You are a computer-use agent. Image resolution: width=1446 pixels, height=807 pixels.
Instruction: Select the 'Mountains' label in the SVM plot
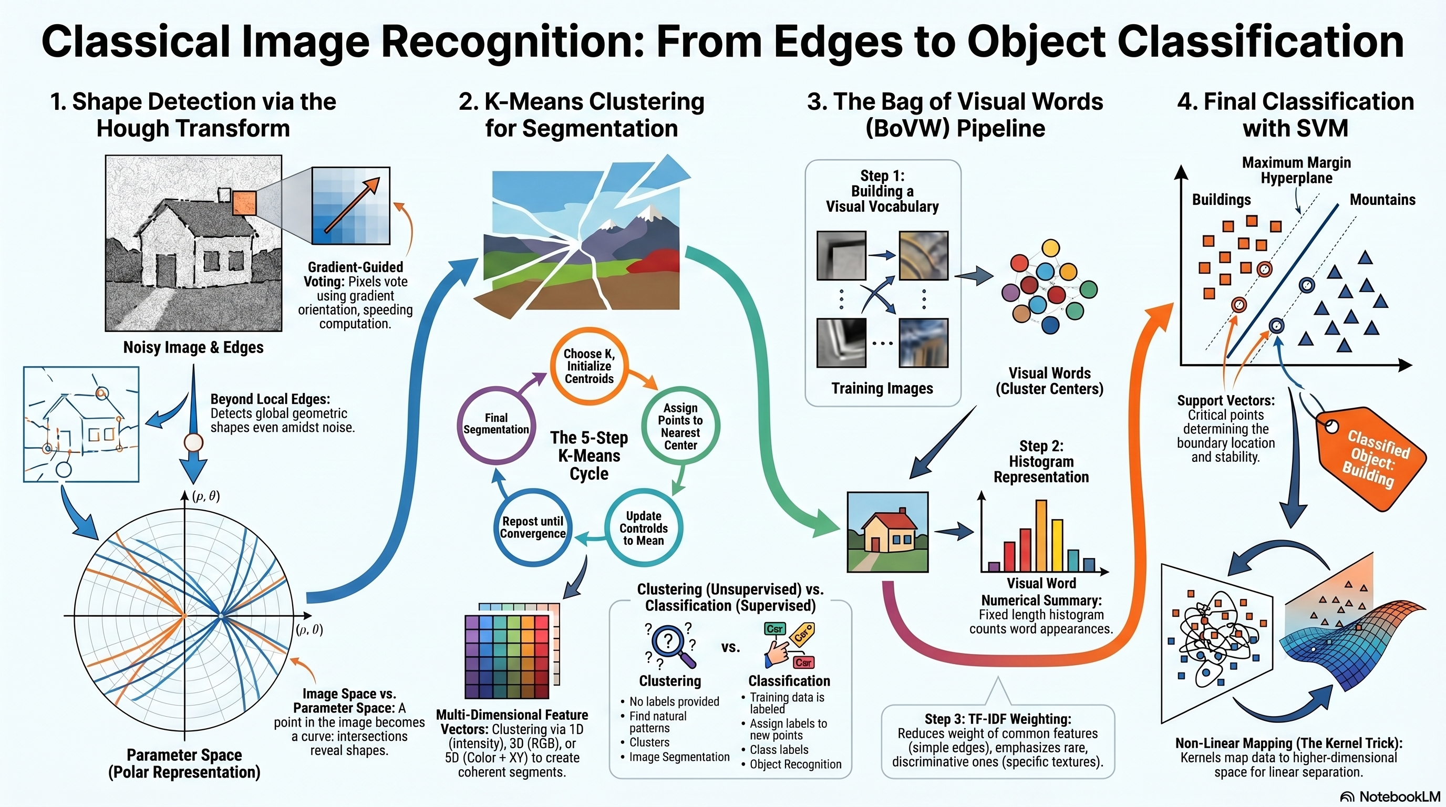(x=1382, y=199)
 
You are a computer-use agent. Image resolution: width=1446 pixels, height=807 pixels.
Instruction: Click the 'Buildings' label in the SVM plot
(x=1222, y=200)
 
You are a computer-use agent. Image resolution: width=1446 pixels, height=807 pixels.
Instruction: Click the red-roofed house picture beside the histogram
(x=887, y=532)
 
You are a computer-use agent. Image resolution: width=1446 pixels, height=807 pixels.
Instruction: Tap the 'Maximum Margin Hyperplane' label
(x=1296, y=170)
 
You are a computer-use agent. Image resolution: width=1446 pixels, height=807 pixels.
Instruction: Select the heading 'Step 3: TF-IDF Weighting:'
(x=998, y=719)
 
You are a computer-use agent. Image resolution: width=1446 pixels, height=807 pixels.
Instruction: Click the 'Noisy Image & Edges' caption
(x=193, y=347)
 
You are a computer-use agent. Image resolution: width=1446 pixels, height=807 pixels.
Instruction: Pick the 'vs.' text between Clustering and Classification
(x=730, y=647)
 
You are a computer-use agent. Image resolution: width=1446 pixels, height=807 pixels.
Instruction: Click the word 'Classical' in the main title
(x=135, y=42)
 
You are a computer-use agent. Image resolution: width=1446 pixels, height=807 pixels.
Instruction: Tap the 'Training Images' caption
(x=882, y=388)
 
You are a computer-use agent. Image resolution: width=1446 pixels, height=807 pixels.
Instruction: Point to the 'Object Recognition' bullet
(x=796, y=764)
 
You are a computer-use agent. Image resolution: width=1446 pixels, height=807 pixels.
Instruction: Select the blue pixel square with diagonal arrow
(x=351, y=205)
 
